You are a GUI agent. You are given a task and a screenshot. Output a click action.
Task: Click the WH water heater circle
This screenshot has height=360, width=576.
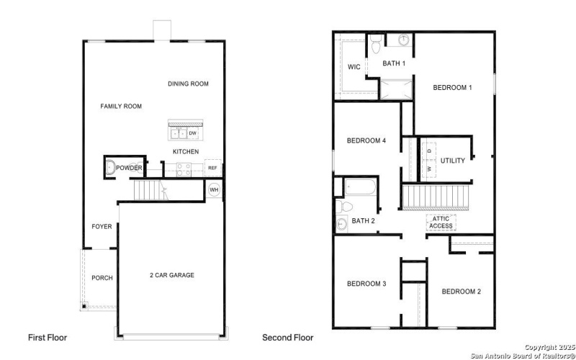point(214,190)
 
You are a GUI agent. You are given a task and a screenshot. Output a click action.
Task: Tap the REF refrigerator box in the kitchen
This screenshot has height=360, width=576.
point(212,168)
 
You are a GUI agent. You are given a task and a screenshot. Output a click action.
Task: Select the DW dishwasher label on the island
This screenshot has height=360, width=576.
point(193,133)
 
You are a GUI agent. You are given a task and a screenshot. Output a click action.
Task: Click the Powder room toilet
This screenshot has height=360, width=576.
point(109,168)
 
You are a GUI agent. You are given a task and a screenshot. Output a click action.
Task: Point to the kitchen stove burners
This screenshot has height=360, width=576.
point(183,169)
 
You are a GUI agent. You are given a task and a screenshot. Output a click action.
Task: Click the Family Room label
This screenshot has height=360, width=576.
point(120,107)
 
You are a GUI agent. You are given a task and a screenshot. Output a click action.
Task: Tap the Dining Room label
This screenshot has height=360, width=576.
point(188,84)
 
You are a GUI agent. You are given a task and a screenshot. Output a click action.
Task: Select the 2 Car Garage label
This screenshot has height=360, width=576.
point(171,275)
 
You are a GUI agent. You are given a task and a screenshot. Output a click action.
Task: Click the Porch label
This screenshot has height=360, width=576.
point(102,278)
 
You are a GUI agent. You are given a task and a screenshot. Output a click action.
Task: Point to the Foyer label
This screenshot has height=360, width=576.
point(102,227)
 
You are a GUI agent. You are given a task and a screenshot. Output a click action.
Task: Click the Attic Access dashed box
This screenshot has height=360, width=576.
point(441,222)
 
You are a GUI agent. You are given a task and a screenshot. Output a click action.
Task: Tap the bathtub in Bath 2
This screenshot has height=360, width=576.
point(359,189)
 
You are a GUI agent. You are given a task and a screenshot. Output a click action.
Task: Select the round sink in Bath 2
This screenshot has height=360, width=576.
point(341,224)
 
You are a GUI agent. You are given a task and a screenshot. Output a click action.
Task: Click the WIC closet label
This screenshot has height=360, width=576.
point(354,67)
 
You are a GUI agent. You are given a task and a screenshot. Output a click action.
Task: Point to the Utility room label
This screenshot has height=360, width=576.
point(453,161)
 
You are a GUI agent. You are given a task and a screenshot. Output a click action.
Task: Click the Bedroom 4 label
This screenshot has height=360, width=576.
point(366,140)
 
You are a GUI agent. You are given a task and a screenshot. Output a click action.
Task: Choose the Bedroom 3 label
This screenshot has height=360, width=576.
point(366,284)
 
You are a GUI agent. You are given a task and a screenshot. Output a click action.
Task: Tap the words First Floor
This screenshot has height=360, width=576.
point(48,337)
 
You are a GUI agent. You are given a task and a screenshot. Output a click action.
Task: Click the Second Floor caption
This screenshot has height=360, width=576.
point(287,337)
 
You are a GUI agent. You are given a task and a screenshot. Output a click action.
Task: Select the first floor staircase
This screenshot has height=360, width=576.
point(150,190)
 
